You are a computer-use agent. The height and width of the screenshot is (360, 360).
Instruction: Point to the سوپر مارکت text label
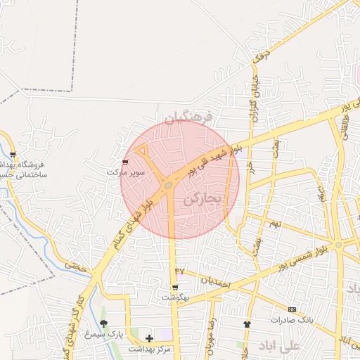click(126, 172)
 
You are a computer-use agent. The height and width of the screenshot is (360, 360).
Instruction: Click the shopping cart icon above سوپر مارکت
click(125, 162)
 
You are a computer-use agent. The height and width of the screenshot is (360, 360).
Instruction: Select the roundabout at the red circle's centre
click(169, 185)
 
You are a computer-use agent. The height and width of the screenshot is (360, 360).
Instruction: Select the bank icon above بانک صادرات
click(292, 309)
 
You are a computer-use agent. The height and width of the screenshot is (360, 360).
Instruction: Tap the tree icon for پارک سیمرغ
click(103, 323)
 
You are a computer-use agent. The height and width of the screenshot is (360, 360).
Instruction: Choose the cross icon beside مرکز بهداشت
click(149, 338)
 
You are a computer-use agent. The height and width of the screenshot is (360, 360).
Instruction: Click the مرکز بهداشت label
click(150, 348)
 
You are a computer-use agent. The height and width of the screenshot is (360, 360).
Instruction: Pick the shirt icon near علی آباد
click(247, 324)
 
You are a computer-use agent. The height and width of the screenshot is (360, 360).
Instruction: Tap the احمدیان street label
click(215, 281)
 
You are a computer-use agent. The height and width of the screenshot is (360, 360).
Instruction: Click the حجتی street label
click(74, 266)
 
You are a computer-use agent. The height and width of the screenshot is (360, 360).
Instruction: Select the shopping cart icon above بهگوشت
click(175, 288)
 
